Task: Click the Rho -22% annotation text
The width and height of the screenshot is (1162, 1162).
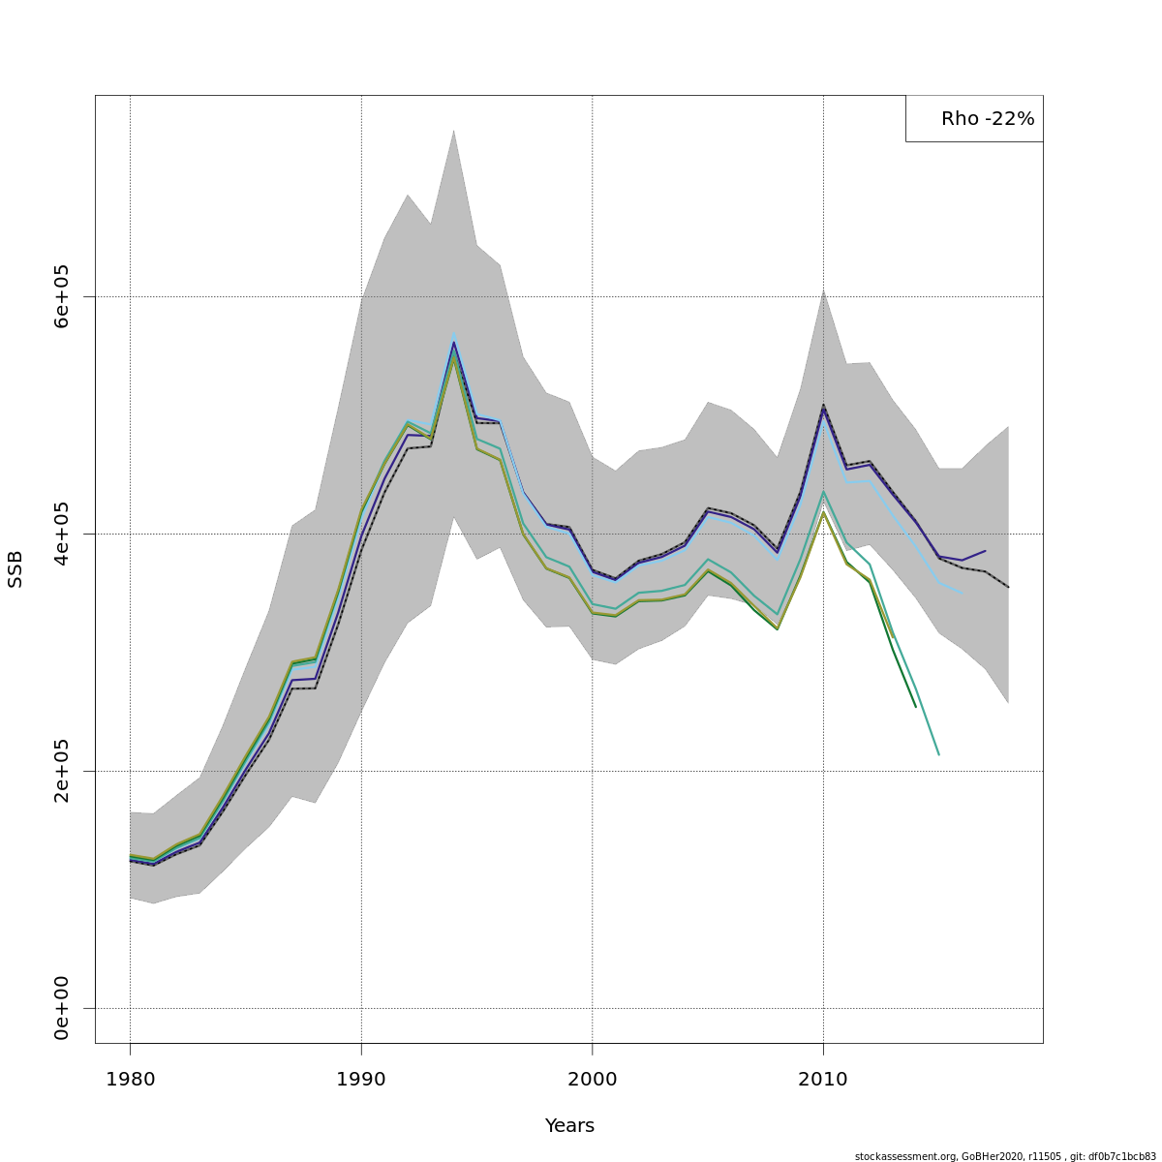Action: pyautogui.click(x=987, y=119)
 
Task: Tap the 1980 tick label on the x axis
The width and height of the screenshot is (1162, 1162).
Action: pyautogui.click(x=130, y=1079)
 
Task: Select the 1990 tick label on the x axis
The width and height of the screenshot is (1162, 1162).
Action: pyautogui.click(x=361, y=1079)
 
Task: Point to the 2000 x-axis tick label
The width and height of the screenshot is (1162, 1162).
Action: pyautogui.click(x=593, y=1079)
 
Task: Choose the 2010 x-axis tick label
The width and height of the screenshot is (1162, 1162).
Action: pyautogui.click(x=823, y=1079)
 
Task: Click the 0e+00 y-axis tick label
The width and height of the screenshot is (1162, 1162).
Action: pyautogui.click(x=62, y=1008)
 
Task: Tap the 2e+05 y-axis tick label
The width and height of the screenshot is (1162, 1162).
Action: pyautogui.click(x=62, y=771)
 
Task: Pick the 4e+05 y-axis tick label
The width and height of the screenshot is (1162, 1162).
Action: pyautogui.click(x=62, y=534)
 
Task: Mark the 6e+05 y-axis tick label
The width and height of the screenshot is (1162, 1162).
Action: pyautogui.click(x=62, y=296)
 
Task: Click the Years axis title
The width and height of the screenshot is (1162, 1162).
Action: pyautogui.click(x=569, y=1126)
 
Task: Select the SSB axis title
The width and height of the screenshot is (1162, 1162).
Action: pyautogui.click(x=15, y=569)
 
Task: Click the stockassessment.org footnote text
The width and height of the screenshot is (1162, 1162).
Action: pyautogui.click(x=1005, y=1156)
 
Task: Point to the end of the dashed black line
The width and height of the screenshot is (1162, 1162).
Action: pyautogui.click(x=1008, y=587)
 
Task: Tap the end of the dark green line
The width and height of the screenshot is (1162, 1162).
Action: pyautogui.click(x=915, y=706)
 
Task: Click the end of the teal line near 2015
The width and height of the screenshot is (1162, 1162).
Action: pyautogui.click(x=938, y=753)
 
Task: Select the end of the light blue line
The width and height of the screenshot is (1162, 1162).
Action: pyautogui.click(x=962, y=592)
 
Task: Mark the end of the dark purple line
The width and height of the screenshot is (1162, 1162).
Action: pyautogui.click(x=985, y=551)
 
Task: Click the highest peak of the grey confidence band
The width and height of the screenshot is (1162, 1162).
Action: pyautogui.click(x=453, y=130)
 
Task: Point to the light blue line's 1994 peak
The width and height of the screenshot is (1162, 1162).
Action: pyautogui.click(x=453, y=334)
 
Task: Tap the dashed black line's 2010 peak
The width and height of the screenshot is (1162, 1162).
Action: pyautogui.click(x=823, y=405)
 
